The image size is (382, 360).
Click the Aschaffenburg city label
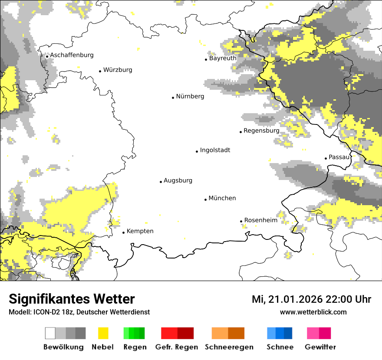tap(72, 55)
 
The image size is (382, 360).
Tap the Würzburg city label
tap(118, 70)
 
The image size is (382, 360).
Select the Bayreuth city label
tap(223, 58)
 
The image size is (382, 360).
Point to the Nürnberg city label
tap(190, 96)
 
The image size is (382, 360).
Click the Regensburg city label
tap(261, 131)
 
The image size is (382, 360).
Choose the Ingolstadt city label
tap(215, 150)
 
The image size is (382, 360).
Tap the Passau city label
tap(339, 157)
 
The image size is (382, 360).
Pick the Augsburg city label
tap(178, 180)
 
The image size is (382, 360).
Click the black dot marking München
tap(206, 200)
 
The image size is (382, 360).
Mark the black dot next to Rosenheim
tap(241, 221)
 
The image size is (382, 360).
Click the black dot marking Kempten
tap(124, 232)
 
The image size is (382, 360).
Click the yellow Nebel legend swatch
tap(103, 333)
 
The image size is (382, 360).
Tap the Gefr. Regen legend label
tap(177, 347)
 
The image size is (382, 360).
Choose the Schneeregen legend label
tap(229, 347)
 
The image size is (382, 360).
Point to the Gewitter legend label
tap(320, 347)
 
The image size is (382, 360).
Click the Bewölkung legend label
tap(63, 347)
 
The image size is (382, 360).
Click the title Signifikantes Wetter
tap(72, 299)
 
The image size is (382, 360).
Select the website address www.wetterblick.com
tap(313, 312)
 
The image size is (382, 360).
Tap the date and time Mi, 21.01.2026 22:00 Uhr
tap(311, 299)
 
